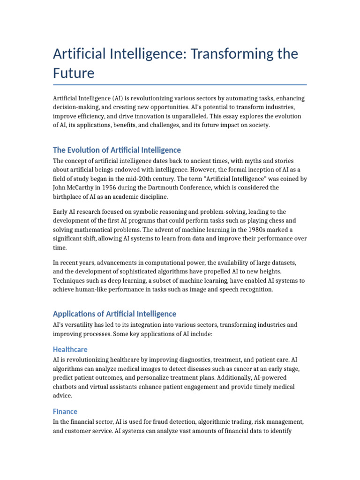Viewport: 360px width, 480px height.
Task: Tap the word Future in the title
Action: coord(74,73)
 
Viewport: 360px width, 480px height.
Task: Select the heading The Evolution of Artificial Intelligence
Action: coord(117,150)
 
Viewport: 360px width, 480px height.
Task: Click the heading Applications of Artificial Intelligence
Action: coord(114,314)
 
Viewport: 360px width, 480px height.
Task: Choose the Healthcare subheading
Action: coord(70,349)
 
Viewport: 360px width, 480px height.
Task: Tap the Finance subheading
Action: coord(65,411)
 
